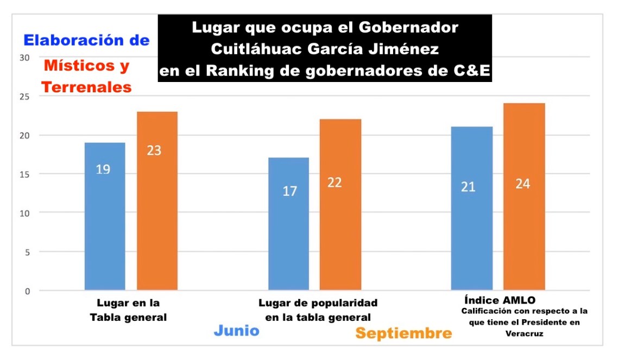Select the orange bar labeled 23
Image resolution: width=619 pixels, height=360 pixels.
[x=157, y=201]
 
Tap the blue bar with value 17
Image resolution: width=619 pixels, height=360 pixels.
[x=289, y=224]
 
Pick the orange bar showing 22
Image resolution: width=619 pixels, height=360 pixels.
[x=340, y=205]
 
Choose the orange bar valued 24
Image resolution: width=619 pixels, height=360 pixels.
[x=523, y=197]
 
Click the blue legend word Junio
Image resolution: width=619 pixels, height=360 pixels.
[x=236, y=331]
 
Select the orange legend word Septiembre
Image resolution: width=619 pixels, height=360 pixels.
[x=403, y=333]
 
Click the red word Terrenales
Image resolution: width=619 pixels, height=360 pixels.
[x=87, y=87]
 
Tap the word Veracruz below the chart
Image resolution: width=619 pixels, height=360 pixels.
[x=524, y=334]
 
